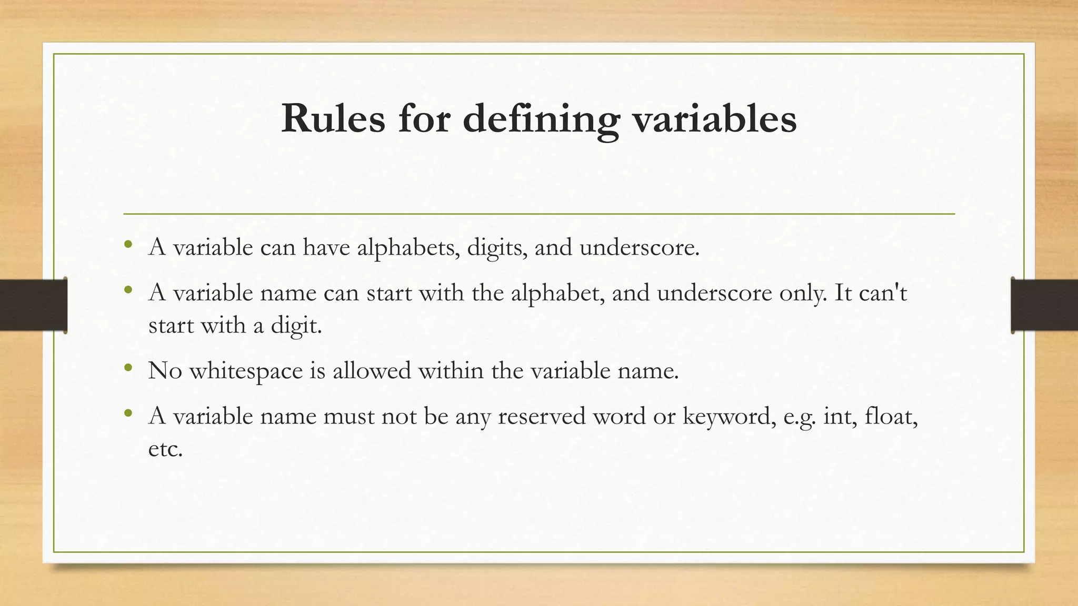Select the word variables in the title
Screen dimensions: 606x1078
714,119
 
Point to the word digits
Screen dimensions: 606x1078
497,248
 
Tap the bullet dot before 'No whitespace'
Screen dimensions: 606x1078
128,368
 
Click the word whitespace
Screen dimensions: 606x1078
246,371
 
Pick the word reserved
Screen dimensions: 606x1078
542,417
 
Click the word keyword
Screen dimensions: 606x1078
729,417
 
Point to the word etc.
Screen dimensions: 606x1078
165,449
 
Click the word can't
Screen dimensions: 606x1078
883,293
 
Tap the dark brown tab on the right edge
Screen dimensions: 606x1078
1044,305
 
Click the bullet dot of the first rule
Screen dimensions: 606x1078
128,244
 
